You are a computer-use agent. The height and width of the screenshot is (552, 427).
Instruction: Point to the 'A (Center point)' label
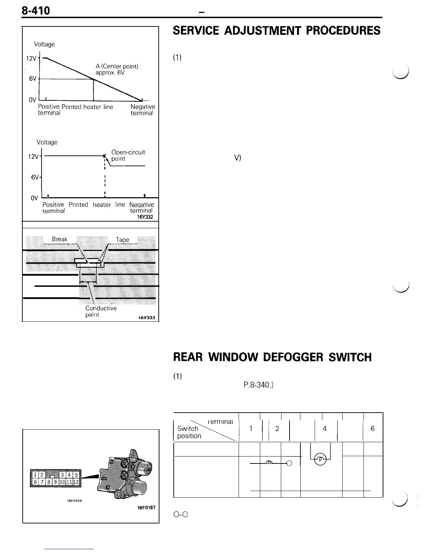[117, 66]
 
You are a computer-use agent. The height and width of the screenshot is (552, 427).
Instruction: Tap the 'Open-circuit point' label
[127, 155]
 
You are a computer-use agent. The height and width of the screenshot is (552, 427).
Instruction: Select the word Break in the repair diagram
[60, 239]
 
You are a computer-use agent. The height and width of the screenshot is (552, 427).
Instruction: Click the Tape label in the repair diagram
[122, 240]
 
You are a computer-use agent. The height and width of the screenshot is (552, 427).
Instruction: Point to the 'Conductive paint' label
[101, 311]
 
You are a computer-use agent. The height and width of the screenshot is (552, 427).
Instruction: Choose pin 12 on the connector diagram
[76, 482]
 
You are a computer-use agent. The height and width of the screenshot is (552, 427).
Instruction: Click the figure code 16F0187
[146, 508]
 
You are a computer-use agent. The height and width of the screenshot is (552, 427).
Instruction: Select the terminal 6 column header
[373, 429]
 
